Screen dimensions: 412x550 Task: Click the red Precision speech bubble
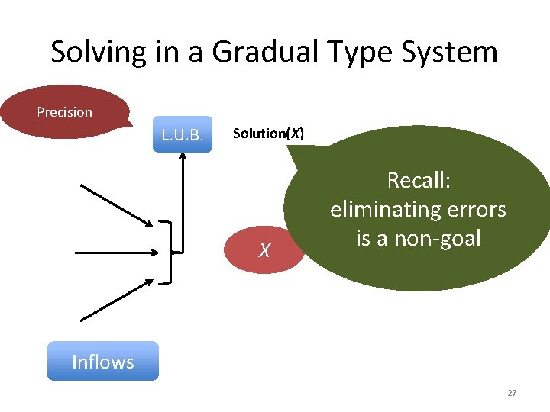pos(65,112)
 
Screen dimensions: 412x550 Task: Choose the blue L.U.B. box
pos(182,135)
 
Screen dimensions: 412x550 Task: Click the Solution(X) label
pos(268,134)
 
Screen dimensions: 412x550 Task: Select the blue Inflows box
pos(102,362)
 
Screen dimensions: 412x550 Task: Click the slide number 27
pos(512,393)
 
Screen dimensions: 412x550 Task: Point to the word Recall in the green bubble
pos(419,180)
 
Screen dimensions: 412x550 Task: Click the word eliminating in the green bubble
pos(387,209)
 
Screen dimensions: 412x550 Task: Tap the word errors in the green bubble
pos(477,209)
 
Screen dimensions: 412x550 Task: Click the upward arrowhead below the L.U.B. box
pos(183,158)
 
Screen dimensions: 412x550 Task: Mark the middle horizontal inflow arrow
pos(122,250)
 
